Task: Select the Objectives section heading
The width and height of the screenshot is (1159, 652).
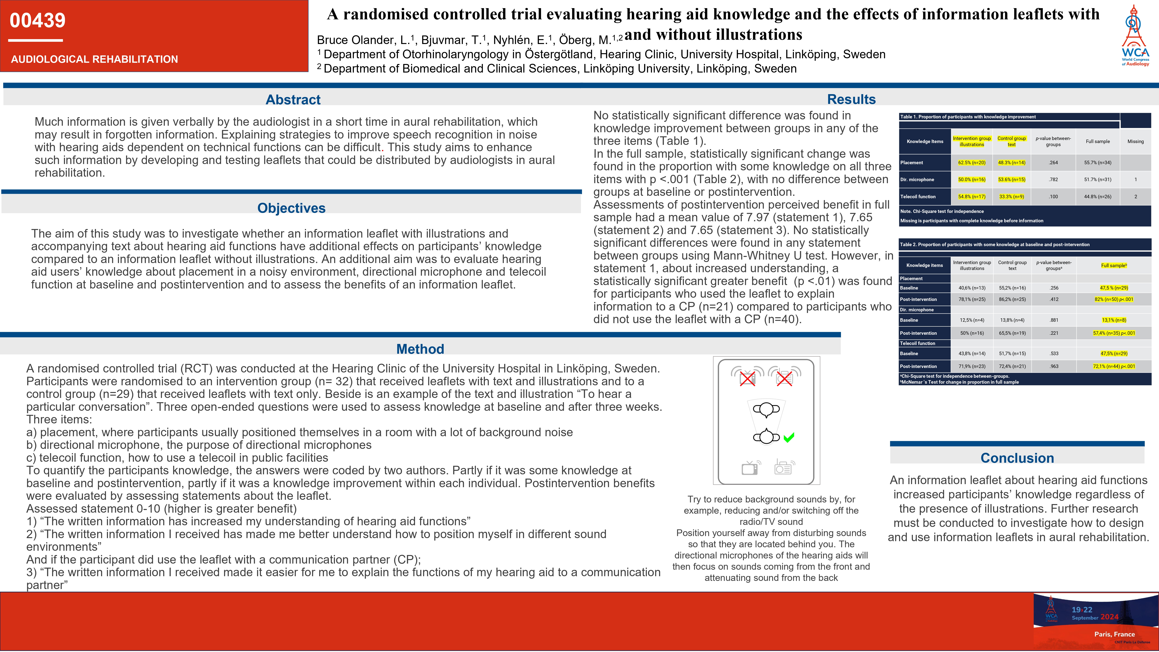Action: [291, 208]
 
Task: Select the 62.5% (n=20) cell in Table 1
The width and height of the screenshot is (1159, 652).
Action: [971, 162]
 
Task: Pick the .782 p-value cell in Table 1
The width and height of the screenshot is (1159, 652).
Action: [1053, 180]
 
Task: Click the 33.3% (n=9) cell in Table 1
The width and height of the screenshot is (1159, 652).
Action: [1012, 197]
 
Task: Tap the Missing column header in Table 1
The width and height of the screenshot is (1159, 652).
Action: [1135, 141]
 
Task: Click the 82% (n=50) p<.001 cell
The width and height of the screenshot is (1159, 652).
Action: [1114, 299]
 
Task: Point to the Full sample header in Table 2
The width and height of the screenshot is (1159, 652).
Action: [1114, 265]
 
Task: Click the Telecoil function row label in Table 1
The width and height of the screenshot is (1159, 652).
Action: [918, 197]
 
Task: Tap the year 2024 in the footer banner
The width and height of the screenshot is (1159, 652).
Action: [1109, 617]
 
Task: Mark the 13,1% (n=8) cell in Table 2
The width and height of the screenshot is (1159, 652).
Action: [1114, 320]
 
